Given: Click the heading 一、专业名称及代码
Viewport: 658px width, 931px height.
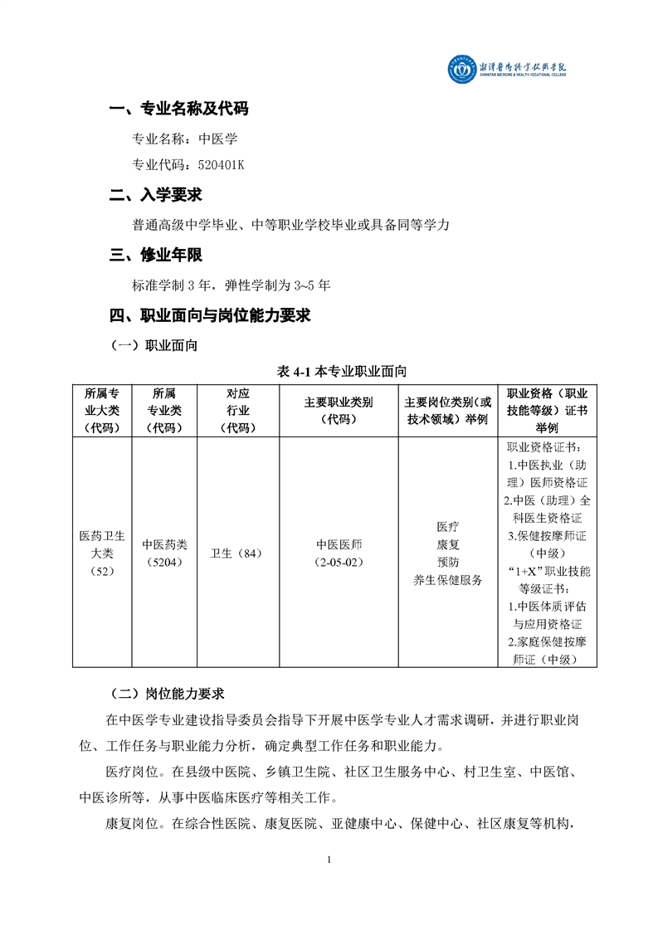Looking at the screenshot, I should click(x=178, y=109).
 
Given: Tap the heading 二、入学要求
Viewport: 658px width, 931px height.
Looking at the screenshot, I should click(x=155, y=196).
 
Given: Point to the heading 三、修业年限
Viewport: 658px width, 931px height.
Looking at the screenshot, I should click(x=155, y=255).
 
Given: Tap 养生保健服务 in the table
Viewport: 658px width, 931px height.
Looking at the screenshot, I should click(x=448, y=580).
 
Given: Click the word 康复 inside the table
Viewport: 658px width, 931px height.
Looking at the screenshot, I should click(x=448, y=544).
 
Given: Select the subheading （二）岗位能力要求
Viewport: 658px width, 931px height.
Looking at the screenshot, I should click(x=167, y=694).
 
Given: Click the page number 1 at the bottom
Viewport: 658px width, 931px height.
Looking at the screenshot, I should click(x=329, y=859).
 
